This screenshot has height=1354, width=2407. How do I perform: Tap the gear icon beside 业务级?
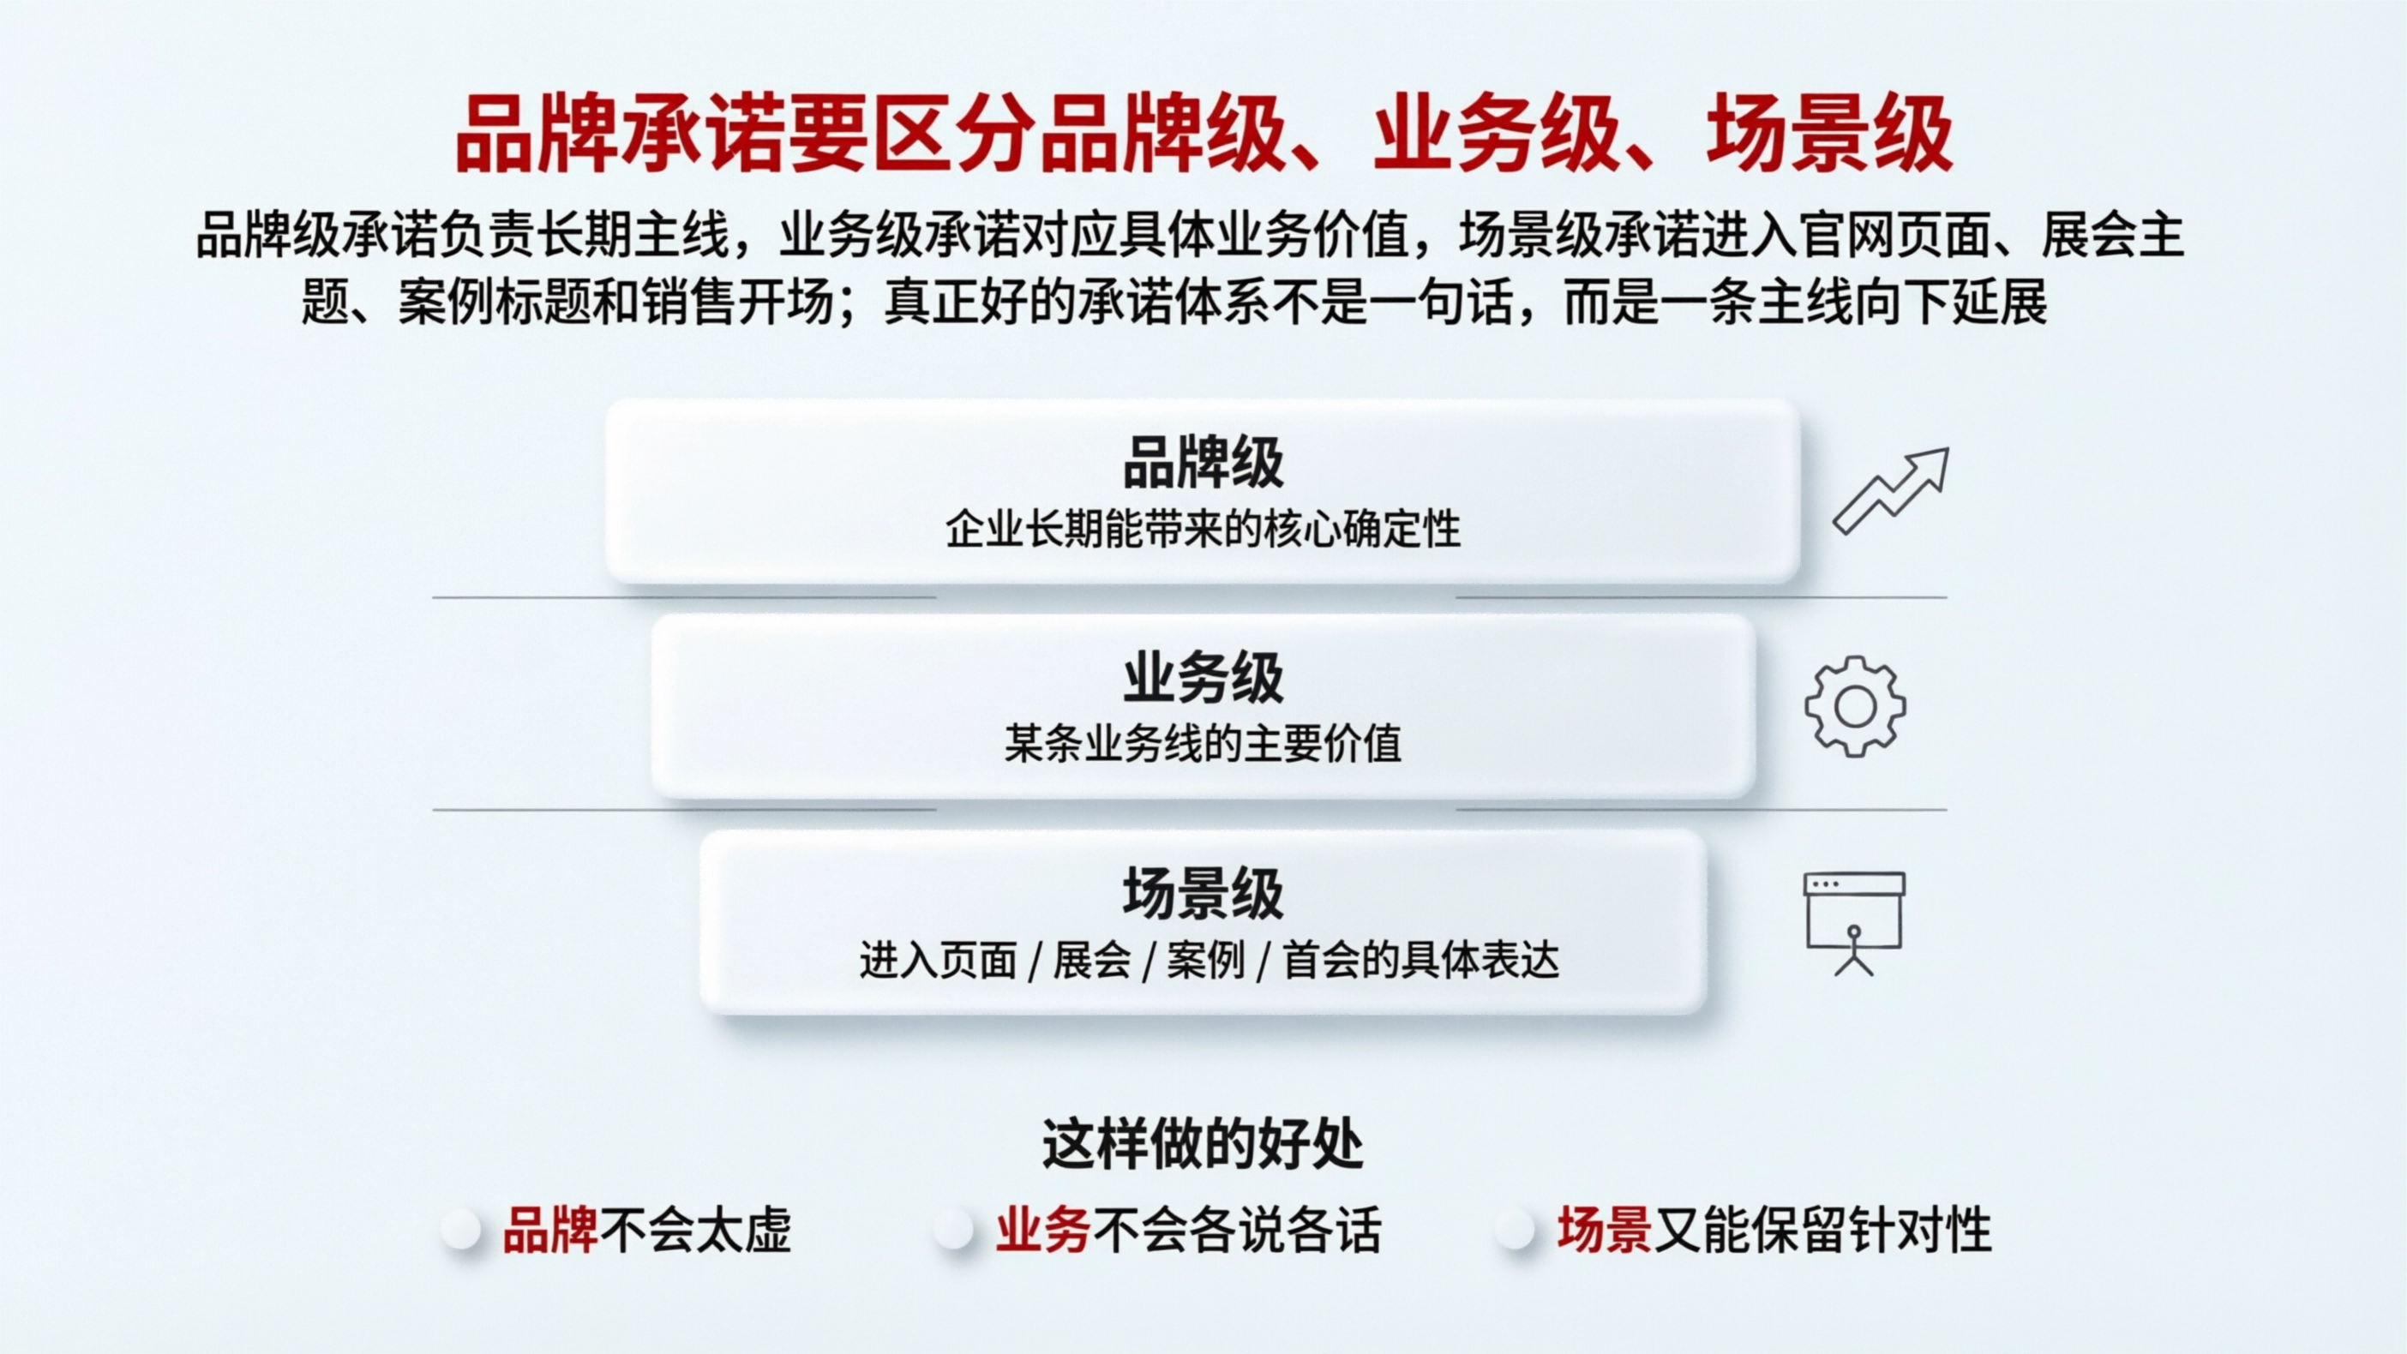[1855, 706]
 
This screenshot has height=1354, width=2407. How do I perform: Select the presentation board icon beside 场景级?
[1854, 923]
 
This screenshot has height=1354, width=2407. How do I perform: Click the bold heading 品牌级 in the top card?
[1203, 463]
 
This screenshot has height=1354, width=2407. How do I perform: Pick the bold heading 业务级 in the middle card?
[1203, 679]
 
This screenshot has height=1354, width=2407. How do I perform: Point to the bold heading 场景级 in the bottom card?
[1203, 895]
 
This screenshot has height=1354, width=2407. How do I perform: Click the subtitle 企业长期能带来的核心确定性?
[1203, 530]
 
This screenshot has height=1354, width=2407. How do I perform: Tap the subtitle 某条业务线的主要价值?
[1203, 745]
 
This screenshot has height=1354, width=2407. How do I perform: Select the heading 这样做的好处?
[1203, 1144]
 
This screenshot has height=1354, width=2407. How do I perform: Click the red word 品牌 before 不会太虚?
[549, 1230]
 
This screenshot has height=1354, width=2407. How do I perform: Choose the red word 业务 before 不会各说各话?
[1043, 1230]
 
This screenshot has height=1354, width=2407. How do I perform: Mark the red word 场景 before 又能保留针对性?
[1604, 1230]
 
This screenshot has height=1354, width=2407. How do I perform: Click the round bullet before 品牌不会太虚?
[461, 1230]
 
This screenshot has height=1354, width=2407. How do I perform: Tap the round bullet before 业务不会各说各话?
[954, 1230]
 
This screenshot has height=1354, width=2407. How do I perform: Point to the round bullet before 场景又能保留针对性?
[1516, 1230]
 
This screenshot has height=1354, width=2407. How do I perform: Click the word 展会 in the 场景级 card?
[1092, 961]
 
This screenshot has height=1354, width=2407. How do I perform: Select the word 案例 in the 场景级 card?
[1206, 961]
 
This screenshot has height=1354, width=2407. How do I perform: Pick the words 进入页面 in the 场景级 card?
[938, 961]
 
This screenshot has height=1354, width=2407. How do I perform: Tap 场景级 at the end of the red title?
[1829, 136]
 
